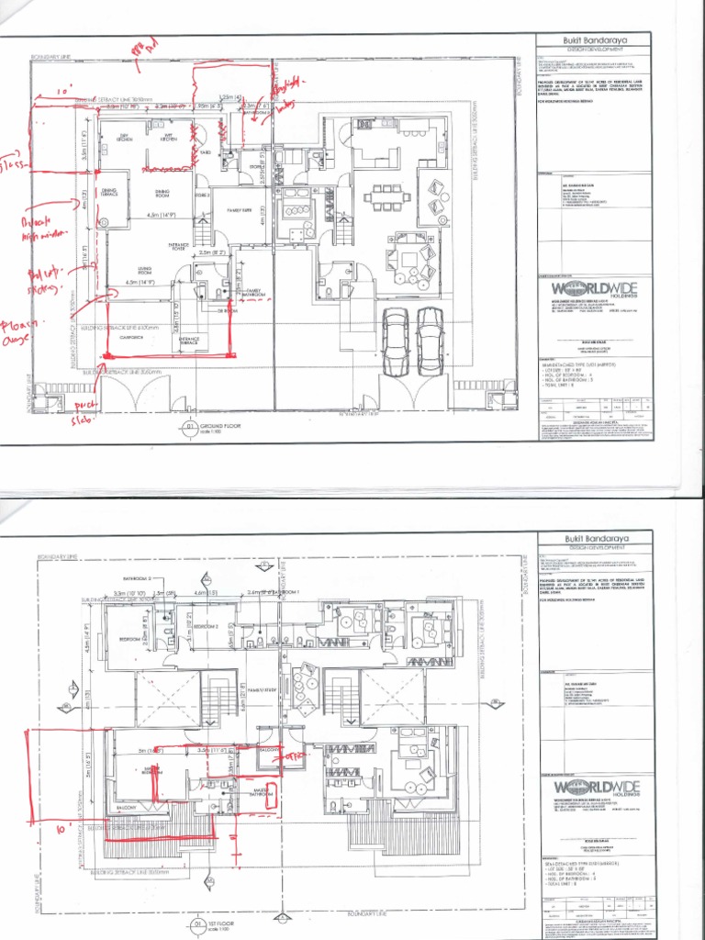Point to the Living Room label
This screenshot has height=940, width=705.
point(119,272)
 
